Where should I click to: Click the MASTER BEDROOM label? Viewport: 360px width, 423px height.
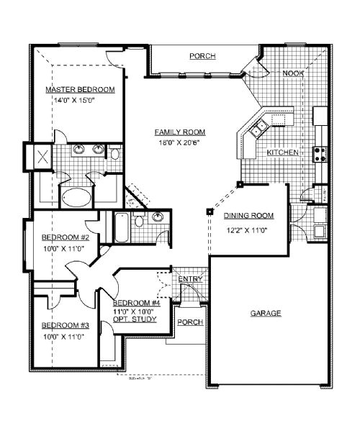pyautogui.click(x=80, y=89)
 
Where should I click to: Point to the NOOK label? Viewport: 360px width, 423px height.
pyautogui.click(x=292, y=73)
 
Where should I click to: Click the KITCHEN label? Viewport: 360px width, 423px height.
pyautogui.click(x=283, y=153)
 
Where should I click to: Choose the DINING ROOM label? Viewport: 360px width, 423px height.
pyautogui.click(x=249, y=216)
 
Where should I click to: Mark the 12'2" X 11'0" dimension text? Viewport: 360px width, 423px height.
pyautogui.click(x=246, y=230)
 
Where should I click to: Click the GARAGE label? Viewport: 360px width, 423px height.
pyautogui.click(x=265, y=313)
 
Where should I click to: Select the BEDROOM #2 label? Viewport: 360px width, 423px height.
pyautogui.click(x=65, y=237)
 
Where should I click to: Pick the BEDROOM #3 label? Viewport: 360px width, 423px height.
pyautogui.click(x=65, y=325)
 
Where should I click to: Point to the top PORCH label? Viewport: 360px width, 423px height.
pyautogui.click(x=202, y=56)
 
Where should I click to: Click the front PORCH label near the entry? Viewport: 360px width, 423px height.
pyautogui.click(x=189, y=322)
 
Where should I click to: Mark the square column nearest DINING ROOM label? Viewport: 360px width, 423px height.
pyautogui.click(x=209, y=211)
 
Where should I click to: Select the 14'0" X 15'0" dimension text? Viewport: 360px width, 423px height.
pyautogui.click(x=75, y=100)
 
